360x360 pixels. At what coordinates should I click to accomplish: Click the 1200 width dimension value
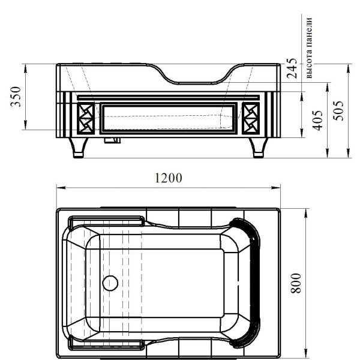pos(169,178)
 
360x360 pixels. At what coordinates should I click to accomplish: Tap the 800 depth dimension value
pos(296,283)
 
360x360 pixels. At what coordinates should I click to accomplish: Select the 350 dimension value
pos(16,97)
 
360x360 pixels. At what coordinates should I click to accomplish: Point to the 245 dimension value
pos(292,68)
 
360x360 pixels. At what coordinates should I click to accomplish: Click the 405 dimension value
pos(317,121)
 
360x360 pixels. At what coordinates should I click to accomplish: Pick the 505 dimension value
pos(338,110)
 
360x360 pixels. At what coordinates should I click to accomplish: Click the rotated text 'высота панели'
pos(309,48)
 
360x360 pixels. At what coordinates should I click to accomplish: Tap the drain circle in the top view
pos(110,283)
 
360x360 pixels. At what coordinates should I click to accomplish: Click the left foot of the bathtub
pos(78,148)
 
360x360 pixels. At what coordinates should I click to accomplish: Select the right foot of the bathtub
pos(258,148)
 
